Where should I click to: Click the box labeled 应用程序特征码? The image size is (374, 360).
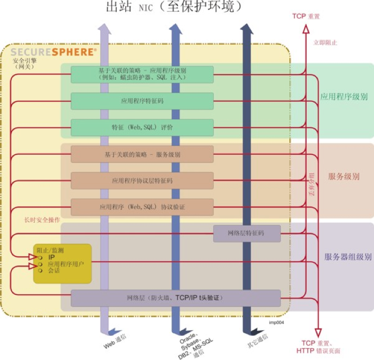142,101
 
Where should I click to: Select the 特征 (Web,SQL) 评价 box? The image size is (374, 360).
142,128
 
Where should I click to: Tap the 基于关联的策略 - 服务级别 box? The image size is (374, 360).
142,154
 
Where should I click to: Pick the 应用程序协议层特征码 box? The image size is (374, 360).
142,181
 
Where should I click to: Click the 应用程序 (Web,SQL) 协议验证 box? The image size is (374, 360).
142,207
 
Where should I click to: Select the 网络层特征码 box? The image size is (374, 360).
247,233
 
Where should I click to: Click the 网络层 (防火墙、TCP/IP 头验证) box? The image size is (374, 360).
175,298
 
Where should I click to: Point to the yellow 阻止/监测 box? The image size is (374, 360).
62,263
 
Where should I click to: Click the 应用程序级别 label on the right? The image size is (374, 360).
344,96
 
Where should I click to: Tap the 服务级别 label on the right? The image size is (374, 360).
344,176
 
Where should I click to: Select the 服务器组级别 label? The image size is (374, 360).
347,257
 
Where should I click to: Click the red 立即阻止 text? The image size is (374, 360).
325,43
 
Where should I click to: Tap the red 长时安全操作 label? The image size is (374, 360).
42,220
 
